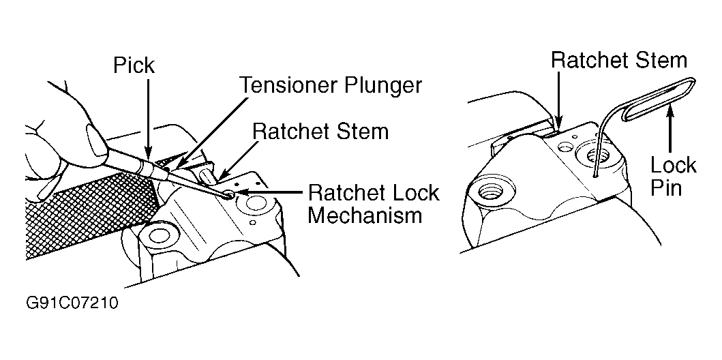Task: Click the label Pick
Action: (x=134, y=66)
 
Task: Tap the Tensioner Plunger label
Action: (x=330, y=85)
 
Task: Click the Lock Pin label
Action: (x=672, y=176)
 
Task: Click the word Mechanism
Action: (x=365, y=216)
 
